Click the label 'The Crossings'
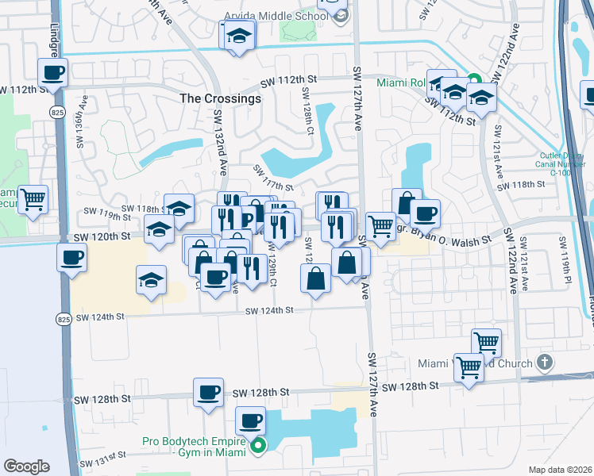tap(221, 99)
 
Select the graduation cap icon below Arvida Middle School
tap(237, 36)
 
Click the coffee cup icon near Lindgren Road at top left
tap(54, 73)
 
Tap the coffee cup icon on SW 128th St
tap(209, 392)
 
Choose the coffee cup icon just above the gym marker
tap(251, 420)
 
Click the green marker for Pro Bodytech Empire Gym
tap(258, 447)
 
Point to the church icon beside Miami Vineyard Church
tap(544, 363)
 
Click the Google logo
tap(26, 466)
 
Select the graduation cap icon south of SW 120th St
tap(151, 279)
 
